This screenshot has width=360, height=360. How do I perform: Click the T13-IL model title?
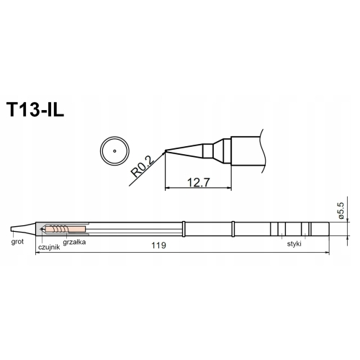(x=35, y=110)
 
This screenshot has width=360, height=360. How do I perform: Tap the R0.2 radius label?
(x=143, y=166)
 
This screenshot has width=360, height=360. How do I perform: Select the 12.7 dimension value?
(x=199, y=182)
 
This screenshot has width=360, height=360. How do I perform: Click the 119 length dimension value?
(x=158, y=246)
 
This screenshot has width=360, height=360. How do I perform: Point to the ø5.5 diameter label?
(x=341, y=210)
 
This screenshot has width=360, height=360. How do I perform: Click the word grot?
(x=17, y=242)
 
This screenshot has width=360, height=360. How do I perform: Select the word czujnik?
(x=49, y=247)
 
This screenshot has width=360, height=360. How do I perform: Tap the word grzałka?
(x=74, y=242)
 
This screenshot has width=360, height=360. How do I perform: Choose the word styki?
(x=294, y=244)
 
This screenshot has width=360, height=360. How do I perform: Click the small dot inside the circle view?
(x=114, y=151)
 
